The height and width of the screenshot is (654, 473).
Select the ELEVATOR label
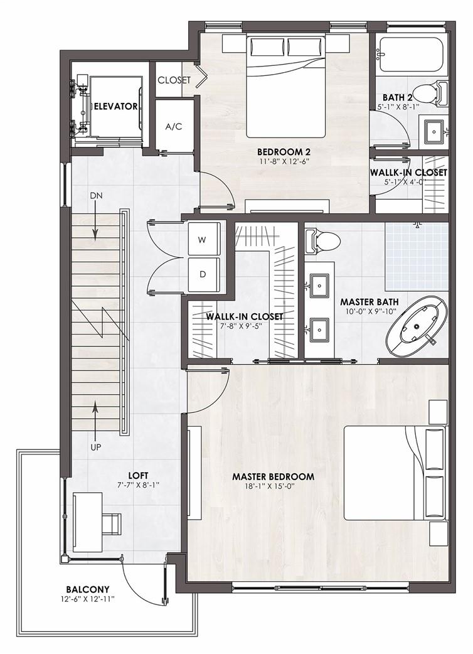tap(115, 106)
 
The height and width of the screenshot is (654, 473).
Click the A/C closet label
tap(174, 127)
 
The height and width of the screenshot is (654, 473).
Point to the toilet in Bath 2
tap(431, 94)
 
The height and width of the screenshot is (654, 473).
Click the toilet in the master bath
tap(322, 240)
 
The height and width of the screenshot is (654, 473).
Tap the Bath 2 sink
tap(434, 132)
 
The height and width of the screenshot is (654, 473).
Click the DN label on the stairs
tap(96, 196)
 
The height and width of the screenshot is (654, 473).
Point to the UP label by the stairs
tap(96, 448)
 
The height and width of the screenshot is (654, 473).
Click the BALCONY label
tap(88, 589)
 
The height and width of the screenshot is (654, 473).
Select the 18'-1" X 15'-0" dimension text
tap(274, 486)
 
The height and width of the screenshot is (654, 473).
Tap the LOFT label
tap(138, 476)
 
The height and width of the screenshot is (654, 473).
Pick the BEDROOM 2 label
tap(284, 152)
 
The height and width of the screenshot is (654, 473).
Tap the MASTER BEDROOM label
tap(274, 476)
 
